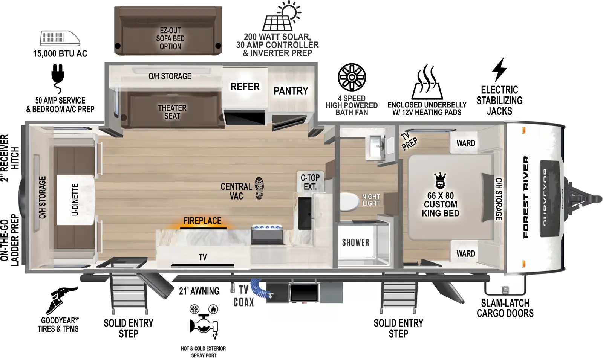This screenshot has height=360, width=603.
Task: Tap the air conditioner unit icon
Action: coord(60,38)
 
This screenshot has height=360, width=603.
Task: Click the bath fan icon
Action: coord(352,77)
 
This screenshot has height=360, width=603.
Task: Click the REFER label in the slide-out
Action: coord(245,87)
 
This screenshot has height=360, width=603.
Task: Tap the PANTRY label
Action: coord(291,91)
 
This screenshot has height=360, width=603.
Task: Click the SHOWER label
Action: coord(355,243)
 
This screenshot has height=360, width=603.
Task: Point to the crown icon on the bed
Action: coord(440,180)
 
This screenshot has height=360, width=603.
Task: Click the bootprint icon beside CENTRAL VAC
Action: coord(259,188)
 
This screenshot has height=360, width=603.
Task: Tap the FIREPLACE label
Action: coord(202,221)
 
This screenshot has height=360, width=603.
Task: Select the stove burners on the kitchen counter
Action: coord(267,228)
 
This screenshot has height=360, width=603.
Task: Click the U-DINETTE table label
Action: coord(75,200)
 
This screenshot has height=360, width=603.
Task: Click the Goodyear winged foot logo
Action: coord(60,300)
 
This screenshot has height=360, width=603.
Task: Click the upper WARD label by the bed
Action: coord(465,143)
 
